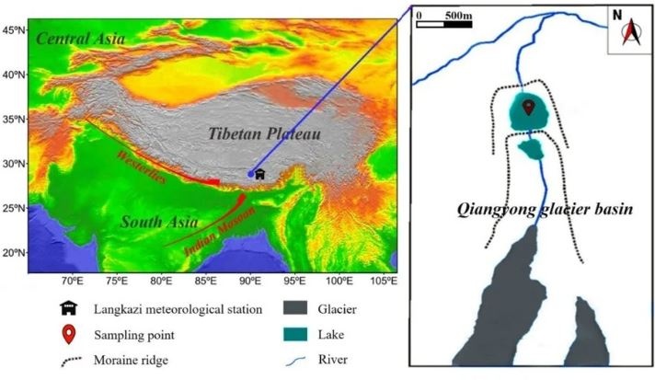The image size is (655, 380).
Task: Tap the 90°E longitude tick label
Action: (250, 281)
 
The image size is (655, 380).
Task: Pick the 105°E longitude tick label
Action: (385, 281)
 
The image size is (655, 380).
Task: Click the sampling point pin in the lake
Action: (528, 108)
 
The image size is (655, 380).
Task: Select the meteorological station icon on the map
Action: (260, 173)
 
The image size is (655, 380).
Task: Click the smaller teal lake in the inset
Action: (531, 148)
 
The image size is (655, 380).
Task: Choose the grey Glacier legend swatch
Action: (297, 308)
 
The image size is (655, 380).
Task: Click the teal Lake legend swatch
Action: (297, 333)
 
